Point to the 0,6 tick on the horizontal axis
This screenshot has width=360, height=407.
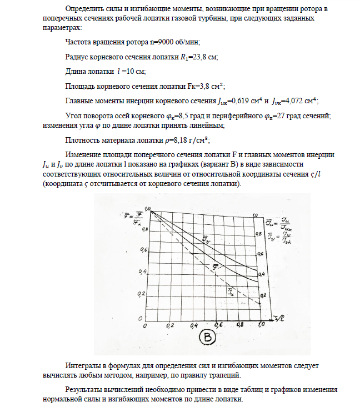(x=218, y=325)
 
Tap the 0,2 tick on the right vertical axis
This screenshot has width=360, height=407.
(x=263, y=295)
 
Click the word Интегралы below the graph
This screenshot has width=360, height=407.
(x=84, y=367)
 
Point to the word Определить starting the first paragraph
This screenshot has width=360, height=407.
(x=85, y=9)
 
